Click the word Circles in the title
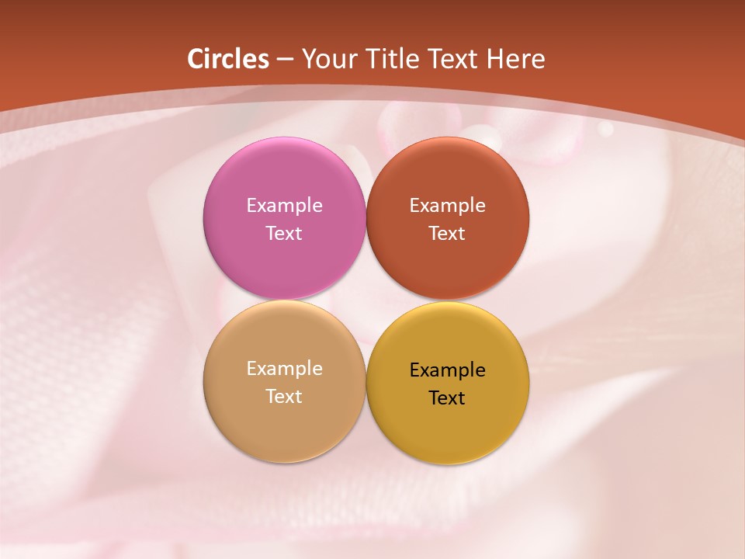coord(228,59)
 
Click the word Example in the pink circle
coord(284,206)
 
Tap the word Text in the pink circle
coord(284,234)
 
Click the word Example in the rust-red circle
coord(447,206)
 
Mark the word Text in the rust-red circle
coord(447,234)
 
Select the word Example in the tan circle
coord(284,369)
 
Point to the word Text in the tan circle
coord(284,397)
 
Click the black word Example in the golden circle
coord(447,370)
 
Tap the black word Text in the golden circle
coord(447,398)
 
